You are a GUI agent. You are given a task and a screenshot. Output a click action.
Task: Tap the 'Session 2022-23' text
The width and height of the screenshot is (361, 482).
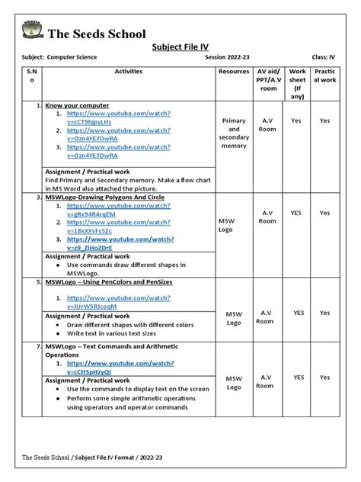tap(228, 58)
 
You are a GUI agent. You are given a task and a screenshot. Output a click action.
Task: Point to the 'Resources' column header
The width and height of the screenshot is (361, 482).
tap(234, 71)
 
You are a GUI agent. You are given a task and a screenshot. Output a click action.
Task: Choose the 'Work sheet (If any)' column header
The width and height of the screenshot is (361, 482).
tap(298, 83)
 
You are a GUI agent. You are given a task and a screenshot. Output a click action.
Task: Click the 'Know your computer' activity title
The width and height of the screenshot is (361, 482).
tap(77, 105)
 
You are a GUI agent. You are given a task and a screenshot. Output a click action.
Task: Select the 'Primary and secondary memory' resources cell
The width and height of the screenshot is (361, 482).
tap(234, 133)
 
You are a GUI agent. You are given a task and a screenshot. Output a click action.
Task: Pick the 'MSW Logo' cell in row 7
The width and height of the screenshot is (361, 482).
tap(234, 382)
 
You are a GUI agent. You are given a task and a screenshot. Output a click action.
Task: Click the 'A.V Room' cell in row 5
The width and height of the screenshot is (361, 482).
tap(264, 317)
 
